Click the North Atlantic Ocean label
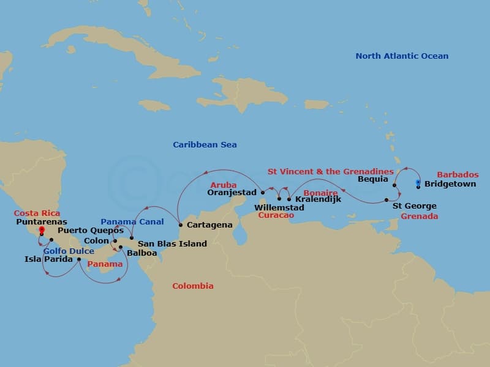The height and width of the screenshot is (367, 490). (x=402, y=56)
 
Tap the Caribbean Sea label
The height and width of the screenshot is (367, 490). (x=205, y=145)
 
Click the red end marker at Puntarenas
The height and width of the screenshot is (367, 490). (x=41, y=231)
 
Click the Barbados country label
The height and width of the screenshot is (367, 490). (x=458, y=175)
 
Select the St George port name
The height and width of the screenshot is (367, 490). (x=415, y=206)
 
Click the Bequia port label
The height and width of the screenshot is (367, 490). (x=372, y=180)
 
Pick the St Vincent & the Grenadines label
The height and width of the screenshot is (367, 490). (x=331, y=171)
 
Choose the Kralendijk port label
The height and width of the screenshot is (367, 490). (x=318, y=199)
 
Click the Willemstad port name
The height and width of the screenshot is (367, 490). (x=279, y=208)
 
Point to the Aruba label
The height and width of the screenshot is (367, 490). (x=222, y=185)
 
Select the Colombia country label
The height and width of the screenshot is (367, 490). (x=192, y=286)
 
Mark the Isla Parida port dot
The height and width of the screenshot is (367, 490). (x=79, y=259)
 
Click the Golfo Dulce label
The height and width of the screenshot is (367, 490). (x=68, y=251)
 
